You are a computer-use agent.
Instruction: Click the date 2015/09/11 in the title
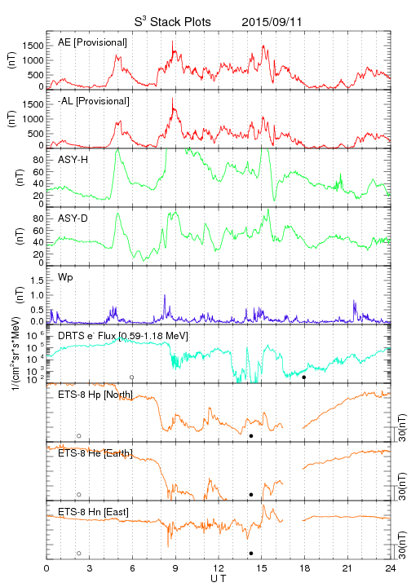(272, 22)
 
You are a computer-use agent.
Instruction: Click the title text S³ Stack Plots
(173, 22)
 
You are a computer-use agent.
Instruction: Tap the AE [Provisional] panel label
(92, 42)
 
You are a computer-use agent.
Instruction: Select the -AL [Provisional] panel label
(94, 101)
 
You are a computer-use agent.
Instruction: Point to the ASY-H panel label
(73, 160)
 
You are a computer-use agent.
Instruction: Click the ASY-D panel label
(73, 218)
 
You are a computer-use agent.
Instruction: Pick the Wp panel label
(65, 277)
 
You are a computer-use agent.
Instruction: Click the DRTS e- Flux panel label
(123, 336)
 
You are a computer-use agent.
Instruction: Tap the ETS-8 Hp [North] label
(95, 395)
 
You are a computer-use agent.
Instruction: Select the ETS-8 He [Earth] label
(95, 453)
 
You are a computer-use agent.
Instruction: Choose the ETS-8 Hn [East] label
(93, 512)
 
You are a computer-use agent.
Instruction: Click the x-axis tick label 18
(305, 568)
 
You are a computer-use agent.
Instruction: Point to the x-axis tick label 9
(175, 568)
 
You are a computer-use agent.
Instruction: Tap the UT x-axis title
(219, 579)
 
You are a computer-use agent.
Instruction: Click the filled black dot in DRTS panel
(304, 377)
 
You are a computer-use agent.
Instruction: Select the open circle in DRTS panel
(132, 377)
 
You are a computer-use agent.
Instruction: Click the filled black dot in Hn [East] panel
(251, 554)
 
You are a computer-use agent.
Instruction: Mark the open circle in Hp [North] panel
(79, 435)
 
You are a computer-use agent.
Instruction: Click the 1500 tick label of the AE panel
(33, 46)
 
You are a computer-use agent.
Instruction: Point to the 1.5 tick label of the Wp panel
(37, 280)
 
